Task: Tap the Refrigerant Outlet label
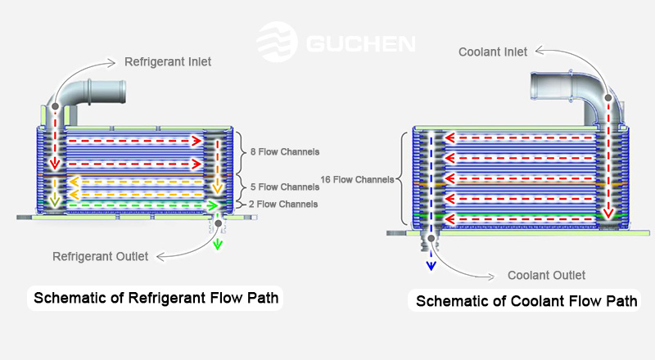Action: [x=101, y=256]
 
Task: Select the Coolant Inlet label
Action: [x=493, y=53]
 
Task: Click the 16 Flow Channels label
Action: [x=358, y=178]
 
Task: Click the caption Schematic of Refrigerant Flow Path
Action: [x=155, y=299]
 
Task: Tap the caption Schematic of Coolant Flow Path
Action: [x=526, y=301]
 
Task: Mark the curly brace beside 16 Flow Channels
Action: [x=402, y=178]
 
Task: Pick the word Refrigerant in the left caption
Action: [x=168, y=299]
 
